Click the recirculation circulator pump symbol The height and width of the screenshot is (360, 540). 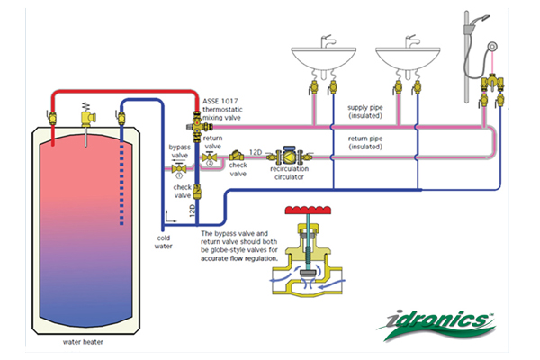(291, 156)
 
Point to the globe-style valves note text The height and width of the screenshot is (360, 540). (261, 246)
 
